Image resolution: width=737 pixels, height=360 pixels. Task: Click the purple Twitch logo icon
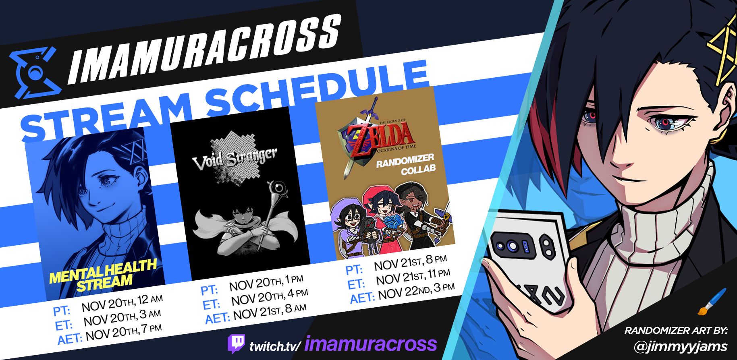236,343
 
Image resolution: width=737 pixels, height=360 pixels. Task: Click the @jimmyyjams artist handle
681,346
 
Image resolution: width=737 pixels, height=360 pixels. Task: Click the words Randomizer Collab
406,164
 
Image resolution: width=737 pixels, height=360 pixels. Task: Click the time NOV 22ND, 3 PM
416,291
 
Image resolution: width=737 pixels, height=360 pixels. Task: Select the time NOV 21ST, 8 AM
270,311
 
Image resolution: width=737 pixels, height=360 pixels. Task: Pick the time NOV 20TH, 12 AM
122,303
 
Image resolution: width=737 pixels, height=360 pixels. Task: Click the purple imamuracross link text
371,344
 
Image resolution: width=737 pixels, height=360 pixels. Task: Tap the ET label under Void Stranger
211,305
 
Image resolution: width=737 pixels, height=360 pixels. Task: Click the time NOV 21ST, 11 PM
413,277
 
